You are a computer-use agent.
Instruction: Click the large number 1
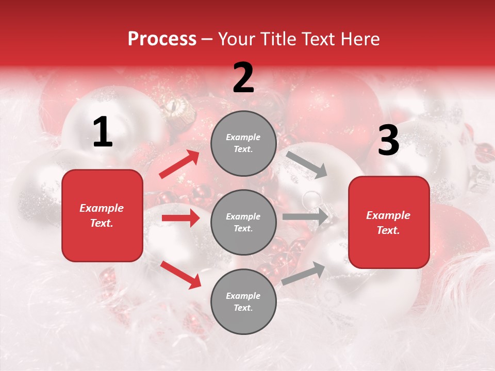point(103,132)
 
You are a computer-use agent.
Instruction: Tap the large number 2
point(243,78)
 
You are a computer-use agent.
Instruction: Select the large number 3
point(388,141)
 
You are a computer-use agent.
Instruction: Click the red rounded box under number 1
point(102,215)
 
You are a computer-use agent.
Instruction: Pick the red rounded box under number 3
point(389,222)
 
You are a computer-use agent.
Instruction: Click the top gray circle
point(243,143)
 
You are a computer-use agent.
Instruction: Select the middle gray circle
point(243,222)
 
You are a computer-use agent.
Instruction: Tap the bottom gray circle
point(243,301)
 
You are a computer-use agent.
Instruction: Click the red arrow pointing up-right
point(179,164)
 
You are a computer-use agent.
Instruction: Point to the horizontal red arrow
point(180,218)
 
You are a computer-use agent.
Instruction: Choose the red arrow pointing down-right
point(180,275)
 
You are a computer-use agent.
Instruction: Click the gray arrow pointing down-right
point(307,164)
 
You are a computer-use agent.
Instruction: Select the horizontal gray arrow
point(305,217)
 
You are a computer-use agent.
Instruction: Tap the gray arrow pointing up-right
point(303,273)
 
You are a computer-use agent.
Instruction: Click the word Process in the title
point(162,39)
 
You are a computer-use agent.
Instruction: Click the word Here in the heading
point(360,39)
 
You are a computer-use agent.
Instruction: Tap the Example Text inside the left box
point(102,215)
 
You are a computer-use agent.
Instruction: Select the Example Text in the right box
point(389,223)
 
